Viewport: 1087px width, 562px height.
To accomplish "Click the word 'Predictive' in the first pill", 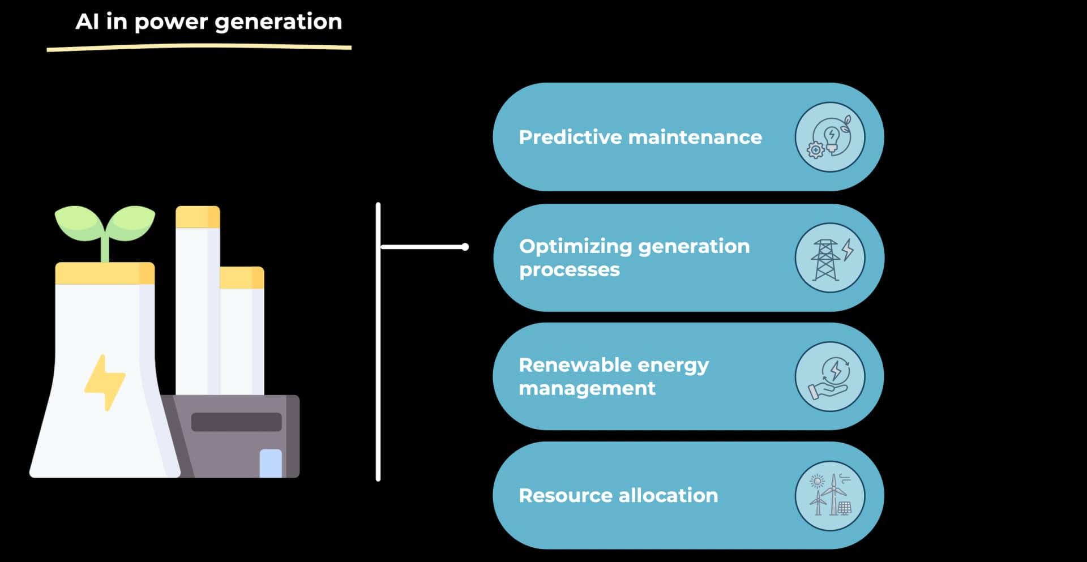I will [570, 137].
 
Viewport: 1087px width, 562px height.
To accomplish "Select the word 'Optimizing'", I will [575, 247].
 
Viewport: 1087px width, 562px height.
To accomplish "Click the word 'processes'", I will [570, 270].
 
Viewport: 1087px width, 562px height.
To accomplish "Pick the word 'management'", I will [587, 389].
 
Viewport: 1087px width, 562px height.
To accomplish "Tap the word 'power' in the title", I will [171, 22].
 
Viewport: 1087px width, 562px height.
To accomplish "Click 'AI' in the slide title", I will [87, 22].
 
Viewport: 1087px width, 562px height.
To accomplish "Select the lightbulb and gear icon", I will [829, 138].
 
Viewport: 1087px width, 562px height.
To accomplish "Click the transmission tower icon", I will [829, 258].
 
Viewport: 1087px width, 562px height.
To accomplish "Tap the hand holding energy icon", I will [829, 377].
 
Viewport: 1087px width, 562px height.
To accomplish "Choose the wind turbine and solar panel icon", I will [829, 496].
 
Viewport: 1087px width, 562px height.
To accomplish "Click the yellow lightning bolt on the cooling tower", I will [105, 381].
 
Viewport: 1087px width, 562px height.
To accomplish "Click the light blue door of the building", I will [271, 464].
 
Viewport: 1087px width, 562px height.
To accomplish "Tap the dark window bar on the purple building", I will [236, 422].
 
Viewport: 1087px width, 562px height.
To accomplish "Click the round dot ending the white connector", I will [465, 247].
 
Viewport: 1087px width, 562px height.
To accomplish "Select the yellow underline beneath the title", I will [199, 48].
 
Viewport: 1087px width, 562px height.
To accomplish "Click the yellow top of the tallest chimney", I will [198, 217].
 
